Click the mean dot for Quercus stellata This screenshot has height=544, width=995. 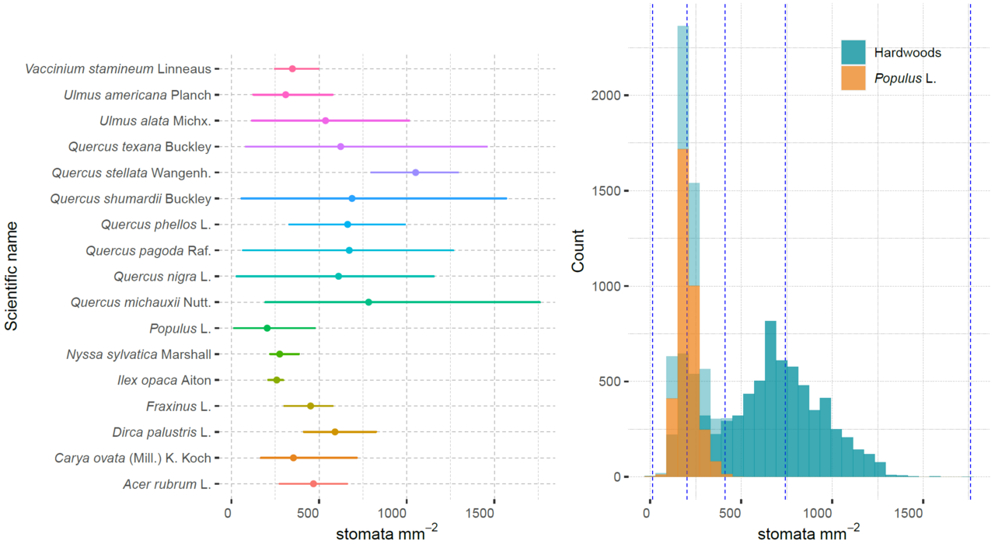pos(415,173)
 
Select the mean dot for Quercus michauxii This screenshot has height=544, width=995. pos(368,302)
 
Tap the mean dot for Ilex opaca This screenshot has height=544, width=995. pos(276,380)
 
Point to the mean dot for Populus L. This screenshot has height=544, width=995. pos(267,328)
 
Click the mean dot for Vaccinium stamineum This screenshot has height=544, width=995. pos(292,69)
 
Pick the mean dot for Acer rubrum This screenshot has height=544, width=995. pos(313,483)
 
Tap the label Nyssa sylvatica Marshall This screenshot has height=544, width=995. pos(138,354)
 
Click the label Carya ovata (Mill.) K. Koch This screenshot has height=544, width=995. pos(132,458)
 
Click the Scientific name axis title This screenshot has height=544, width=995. pos(11,277)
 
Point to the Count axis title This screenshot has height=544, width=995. pos(578,256)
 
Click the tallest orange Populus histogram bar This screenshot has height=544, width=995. pos(683,311)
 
